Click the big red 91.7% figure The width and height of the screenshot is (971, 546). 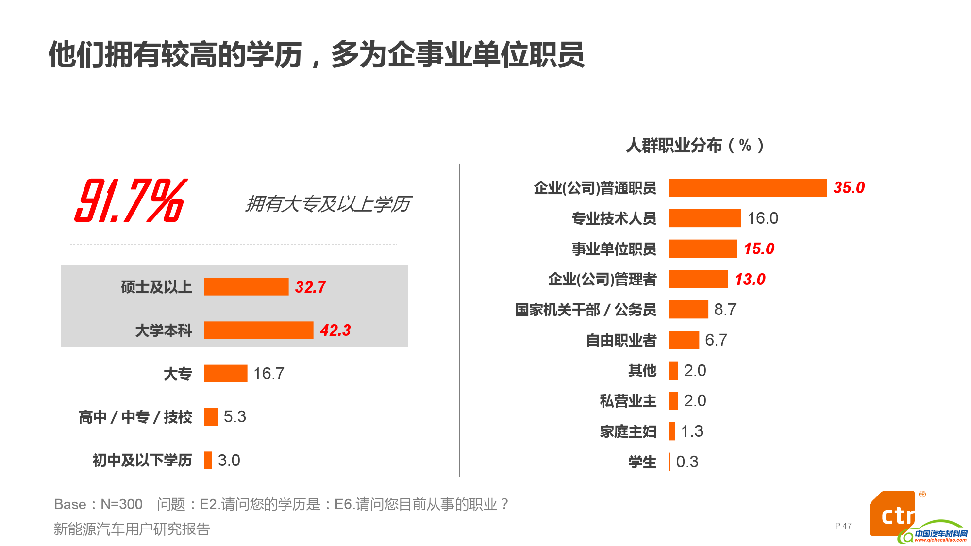(x=130, y=200)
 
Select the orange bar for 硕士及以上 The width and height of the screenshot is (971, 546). (x=246, y=287)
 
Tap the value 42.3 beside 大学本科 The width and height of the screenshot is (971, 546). (x=335, y=330)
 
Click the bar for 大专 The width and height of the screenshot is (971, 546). (x=226, y=374)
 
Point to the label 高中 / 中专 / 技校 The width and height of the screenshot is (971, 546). (x=135, y=417)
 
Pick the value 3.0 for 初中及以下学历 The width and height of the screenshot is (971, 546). (x=229, y=460)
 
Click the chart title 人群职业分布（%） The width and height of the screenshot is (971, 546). (x=695, y=145)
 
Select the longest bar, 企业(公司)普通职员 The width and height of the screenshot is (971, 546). (x=747, y=188)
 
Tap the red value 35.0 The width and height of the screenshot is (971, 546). (x=849, y=188)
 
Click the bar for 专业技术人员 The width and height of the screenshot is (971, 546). (x=704, y=218)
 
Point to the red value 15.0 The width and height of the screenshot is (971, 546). (x=759, y=249)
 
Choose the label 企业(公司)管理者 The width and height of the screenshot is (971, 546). (x=602, y=280)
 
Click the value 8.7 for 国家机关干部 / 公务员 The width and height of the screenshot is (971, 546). (x=725, y=310)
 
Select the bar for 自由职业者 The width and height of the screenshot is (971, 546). (x=684, y=340)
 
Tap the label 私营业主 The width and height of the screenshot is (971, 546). (x=628, y=401)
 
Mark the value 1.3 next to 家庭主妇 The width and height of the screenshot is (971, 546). (x=692, y=431)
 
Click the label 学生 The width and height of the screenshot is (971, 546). (x=642, y=462)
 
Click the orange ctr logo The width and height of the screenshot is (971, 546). (x=892, y=514)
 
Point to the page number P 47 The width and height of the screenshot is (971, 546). (x=843, y=526)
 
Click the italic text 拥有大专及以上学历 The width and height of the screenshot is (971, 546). (x=328, y=204)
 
